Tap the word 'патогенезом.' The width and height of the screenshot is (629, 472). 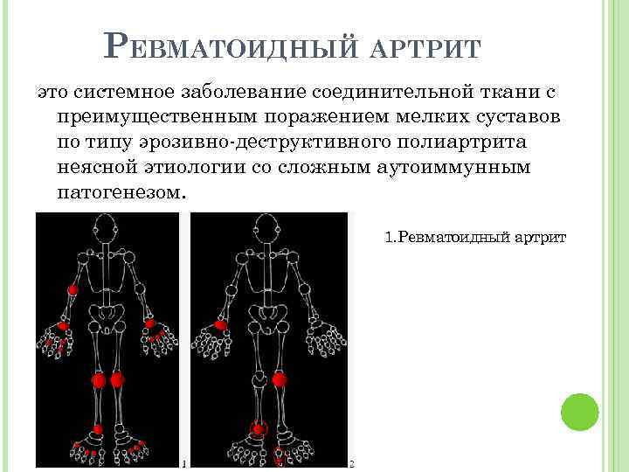120,191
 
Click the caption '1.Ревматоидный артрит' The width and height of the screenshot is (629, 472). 475,237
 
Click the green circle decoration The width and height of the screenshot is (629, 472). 578,411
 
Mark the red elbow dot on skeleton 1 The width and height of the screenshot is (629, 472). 73,288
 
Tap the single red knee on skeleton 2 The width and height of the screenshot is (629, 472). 280,379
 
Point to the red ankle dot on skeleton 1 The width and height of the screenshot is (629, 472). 98,428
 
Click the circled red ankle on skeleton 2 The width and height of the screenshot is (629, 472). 258,428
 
